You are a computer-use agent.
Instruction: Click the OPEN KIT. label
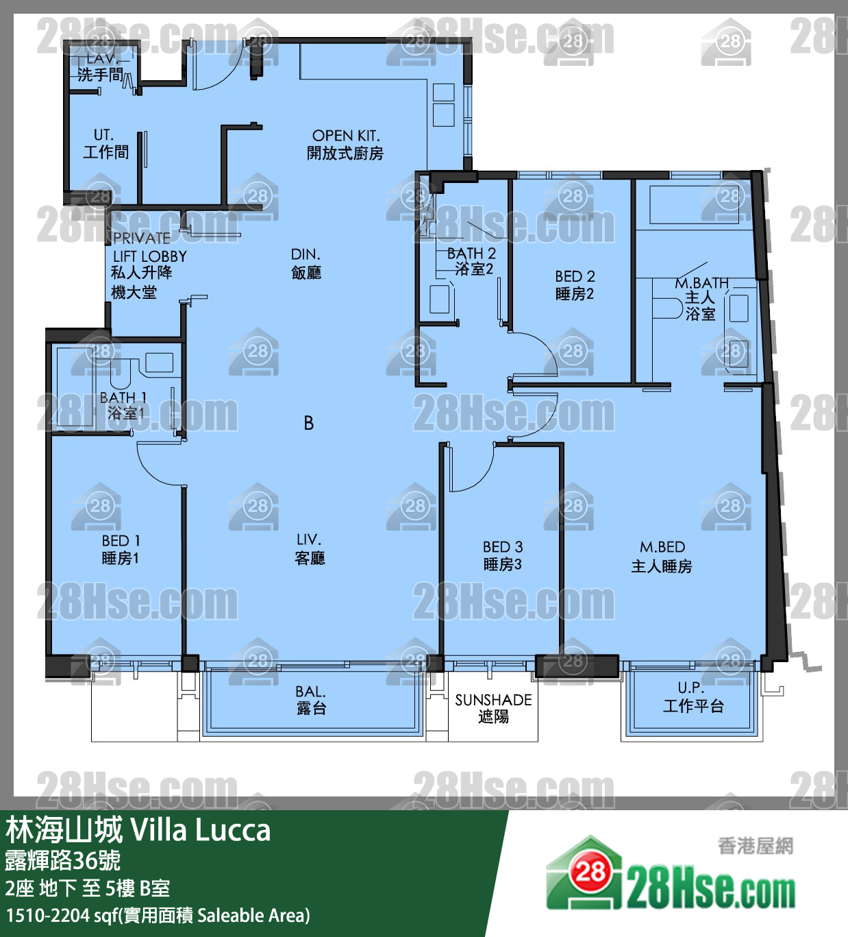point(345,136)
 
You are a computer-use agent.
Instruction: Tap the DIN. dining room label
point(306,254)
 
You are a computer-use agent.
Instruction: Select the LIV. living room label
point(309,540)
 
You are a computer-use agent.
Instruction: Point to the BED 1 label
point(121,541)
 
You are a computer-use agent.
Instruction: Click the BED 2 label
point(575,276)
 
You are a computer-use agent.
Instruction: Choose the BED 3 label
point(503,547)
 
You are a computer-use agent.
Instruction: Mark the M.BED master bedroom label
point(662,547)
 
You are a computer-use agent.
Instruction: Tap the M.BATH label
point(702,283)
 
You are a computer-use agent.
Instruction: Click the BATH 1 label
point(123,398)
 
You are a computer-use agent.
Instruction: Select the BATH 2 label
point(471,253)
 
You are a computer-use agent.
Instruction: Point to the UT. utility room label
point(103,135)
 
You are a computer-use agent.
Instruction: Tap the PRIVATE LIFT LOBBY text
point(149,247)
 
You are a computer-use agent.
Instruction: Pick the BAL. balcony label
point(310,692)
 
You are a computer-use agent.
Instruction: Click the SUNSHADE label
point(494,700)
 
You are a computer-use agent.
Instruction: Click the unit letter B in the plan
point(309,423)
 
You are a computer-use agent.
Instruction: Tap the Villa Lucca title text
point(200,829)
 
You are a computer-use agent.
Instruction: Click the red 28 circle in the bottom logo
point(590,872)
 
